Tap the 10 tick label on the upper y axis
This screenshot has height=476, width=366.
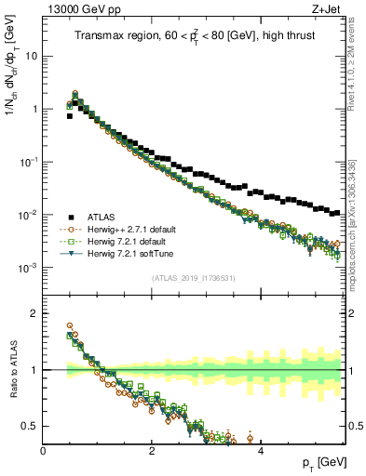click(x=30, y=56)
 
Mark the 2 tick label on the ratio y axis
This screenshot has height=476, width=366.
click(x=34, y=313)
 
